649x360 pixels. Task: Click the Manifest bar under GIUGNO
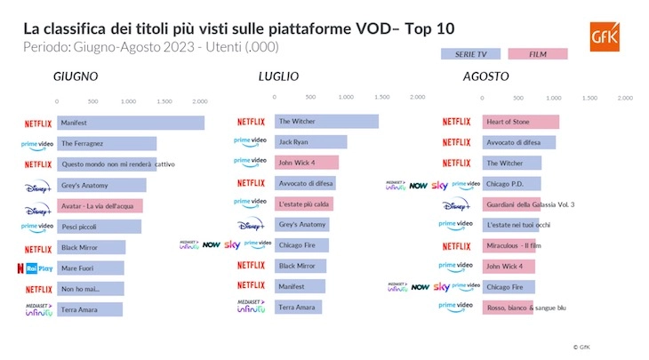[131, 123]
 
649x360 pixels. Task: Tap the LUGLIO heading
[278, 77]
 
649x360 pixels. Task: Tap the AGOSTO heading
[485, 77]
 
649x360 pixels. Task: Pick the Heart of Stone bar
[520, 122]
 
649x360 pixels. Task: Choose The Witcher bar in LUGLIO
[326, 122]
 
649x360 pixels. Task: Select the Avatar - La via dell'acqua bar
[100, 205]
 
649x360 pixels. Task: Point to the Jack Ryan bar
[310, 142]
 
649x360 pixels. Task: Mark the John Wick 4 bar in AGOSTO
[509, 266]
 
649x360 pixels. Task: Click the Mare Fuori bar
[91, 268]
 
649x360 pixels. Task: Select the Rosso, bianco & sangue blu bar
[508, 308]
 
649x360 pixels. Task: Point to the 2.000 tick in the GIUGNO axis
[200, 101]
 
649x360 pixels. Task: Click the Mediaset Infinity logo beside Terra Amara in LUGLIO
[255, 307]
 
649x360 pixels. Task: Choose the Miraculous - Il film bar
[511, 245]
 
